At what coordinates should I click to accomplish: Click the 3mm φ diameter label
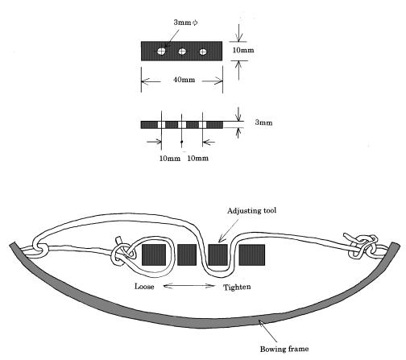185,23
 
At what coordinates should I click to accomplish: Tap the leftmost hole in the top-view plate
161,51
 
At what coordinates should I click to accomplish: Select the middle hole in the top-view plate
182,51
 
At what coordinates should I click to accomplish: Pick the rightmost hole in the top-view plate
203,52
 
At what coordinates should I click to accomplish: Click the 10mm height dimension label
243,50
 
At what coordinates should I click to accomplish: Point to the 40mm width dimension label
184,80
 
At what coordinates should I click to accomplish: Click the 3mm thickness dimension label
263,122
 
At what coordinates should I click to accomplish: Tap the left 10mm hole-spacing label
170,159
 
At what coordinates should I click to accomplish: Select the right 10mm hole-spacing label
197,159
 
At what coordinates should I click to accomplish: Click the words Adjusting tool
251,211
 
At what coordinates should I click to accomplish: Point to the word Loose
144,287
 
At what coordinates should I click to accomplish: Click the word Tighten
237,288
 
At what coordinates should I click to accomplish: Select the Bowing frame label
284,349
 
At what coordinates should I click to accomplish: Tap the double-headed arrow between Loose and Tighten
189,286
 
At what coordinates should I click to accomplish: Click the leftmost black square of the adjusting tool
154,255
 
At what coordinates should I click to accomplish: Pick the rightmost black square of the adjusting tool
252,255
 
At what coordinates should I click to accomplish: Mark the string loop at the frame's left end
40,248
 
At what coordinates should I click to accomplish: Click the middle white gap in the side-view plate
182,125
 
